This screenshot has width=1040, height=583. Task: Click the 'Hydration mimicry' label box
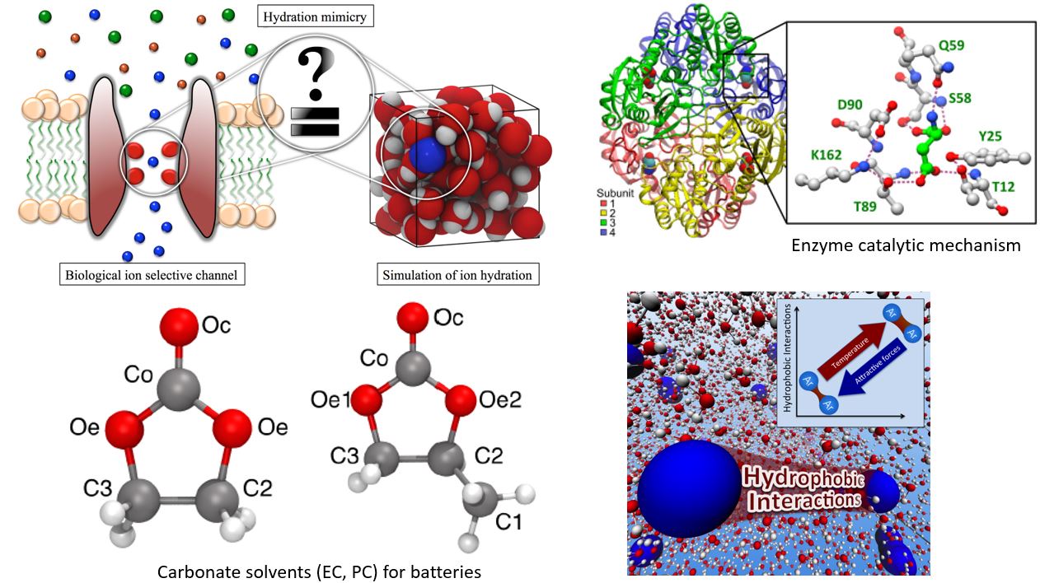[x=316, y=16]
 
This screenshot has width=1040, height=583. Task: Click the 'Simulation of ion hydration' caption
[x=457, y=274]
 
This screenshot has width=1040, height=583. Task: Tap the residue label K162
[x=814, y=154]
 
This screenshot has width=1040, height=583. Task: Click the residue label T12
[x=1003, y=187]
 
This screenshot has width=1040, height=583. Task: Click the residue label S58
[x=959, y=98]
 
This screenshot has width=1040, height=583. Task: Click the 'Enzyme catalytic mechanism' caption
[x=906, y=245]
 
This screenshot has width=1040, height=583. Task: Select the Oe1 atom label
[x=330, y=399]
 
